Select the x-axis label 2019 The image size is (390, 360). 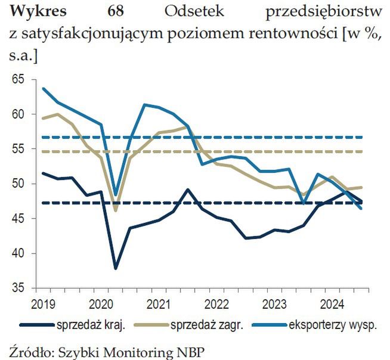click(x=43, y=302)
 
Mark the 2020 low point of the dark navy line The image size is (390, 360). click(x=116, y=268)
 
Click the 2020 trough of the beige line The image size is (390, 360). click(x=116, y=210)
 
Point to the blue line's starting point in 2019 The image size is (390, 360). click(x=44, y=88)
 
